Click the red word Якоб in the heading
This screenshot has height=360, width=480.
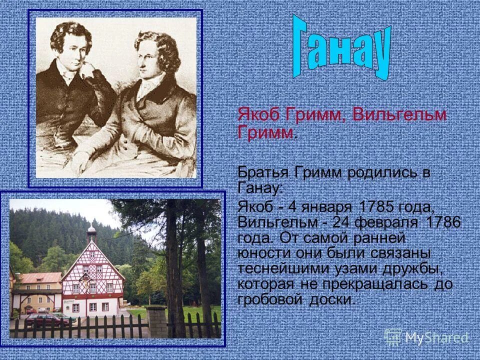(259, 114)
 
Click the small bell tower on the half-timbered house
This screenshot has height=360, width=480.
(91, 233)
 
